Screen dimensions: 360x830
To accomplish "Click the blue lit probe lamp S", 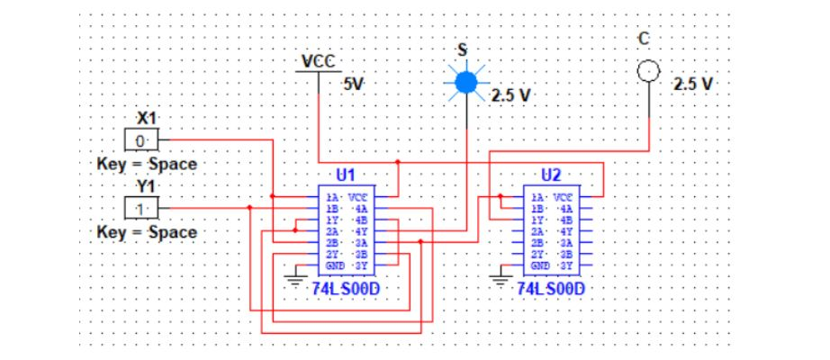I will coord(465,83).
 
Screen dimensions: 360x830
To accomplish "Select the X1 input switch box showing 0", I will coord(140,141).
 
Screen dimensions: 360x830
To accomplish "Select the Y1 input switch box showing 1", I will coord(140,209).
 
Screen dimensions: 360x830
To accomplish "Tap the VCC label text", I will coord(319,62).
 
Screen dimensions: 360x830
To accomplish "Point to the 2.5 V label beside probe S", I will coord(511,94).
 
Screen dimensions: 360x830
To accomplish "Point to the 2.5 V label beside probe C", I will coord(693,83).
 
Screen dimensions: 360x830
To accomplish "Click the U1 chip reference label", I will coord(346,175).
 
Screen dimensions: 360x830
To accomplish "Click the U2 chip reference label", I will coord(551,175).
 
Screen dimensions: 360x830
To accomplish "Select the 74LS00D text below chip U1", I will coord(346,288).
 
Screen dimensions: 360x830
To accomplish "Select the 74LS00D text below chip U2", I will coord(551,288).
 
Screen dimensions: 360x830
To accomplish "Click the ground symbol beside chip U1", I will coord(295,277).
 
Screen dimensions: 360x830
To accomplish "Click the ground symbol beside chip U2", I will coord(501,277).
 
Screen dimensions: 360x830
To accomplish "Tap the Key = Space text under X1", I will coord(147,165).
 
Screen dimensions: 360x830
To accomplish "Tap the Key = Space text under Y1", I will coord(147,232).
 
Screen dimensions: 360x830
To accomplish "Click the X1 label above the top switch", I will coord(146,118).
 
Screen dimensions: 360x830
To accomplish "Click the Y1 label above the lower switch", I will coord(146,186).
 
